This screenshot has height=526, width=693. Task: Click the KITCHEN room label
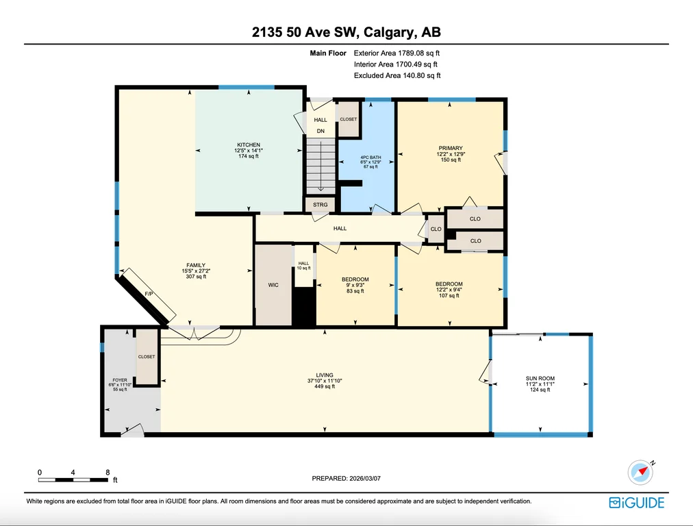pyautogui.click(x=249, y=145)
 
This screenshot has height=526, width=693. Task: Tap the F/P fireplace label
pyautogui.click(x=149, y=294)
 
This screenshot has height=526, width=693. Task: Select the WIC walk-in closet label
pyautogui.click(x=273, y=285)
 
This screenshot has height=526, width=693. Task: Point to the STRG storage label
pyautogui.click(x=320, y=205)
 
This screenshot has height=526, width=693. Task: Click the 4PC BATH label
pyautogui.click(x=370, y=158)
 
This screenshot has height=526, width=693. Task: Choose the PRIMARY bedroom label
pyautogui.click(x=451, y=148)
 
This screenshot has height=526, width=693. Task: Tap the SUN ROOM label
pyautogui.click(x=540, y=378)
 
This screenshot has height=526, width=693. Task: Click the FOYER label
pyautogui.click(x=120, y=380)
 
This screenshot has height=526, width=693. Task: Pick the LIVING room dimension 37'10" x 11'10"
pyautogui.click(x=325, y=381)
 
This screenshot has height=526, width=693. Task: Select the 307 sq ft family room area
pyautogui.click(x=197, y=277)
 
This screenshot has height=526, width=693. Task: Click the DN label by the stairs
pyautogui.click(x=320, y=131)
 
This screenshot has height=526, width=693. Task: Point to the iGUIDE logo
pyautogui.click(x=636, y=503)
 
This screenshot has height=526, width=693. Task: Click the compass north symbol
pyautogui.click(x=641, y=472)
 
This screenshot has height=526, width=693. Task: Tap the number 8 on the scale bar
pyautogui.click(x=108, y=473)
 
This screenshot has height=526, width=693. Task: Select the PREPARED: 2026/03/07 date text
pyautogui.click(x=346, y=478)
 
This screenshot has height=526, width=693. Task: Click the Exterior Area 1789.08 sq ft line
pyautogui.click(x=396, y=53)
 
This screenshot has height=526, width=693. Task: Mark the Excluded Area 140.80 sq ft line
pyautogui.click(x=397, y=75)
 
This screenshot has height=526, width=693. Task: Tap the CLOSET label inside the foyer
pyautogui.click(x=147, y=357)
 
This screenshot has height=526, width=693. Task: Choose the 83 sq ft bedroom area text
pyautogui.click(x=355, y=291)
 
